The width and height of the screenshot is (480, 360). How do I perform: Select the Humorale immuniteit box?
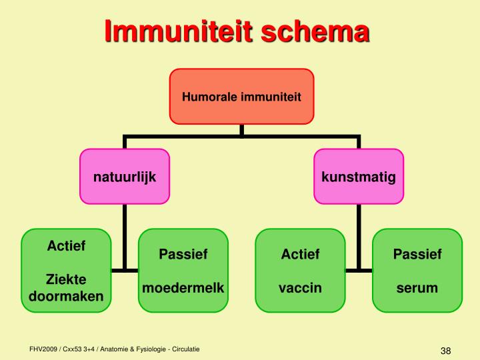pos(241,97)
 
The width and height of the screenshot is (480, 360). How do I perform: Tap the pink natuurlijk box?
pos(125,177)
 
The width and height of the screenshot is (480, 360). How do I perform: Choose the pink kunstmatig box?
pos(358,177)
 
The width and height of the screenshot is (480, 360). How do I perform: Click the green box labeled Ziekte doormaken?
pos(66,271)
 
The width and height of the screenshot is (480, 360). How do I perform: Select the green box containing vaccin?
pos(300,271)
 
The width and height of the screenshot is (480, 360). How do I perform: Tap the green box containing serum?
pos(417,271)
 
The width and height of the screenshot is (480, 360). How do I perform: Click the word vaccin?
pos(300,288)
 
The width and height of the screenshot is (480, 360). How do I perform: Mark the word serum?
pos(417,288)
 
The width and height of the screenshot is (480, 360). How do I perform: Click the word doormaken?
pos(66,295)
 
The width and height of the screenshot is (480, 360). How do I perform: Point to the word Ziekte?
pos(66,279)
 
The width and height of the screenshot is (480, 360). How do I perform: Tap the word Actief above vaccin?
pos(300,254)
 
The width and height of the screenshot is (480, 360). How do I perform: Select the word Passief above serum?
pos(417,254)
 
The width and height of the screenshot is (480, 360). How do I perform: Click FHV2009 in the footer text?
pos(43,349)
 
